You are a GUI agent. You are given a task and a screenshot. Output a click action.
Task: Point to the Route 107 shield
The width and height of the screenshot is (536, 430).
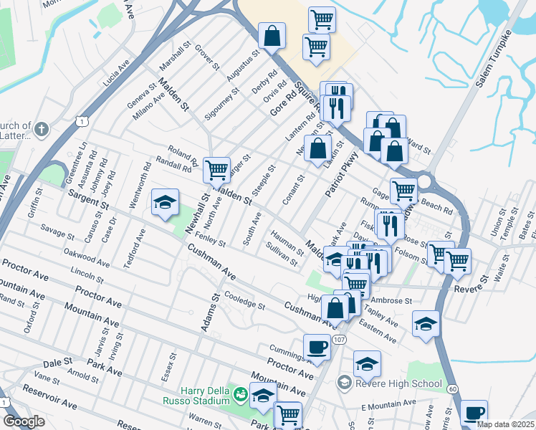click(x=340, y=338)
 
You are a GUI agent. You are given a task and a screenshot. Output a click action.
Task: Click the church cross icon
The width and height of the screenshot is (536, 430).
click(x=42, y=130)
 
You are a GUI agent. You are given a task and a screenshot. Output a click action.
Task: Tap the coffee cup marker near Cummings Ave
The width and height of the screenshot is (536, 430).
click(x=317, y=347)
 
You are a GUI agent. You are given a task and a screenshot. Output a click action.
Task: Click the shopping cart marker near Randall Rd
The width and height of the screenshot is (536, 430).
click(x=216, y=170)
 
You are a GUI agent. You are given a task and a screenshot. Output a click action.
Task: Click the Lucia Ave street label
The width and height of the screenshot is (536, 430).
click(x=115, y=72)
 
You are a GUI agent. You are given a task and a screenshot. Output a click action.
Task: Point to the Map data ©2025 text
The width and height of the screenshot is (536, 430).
click(x=505, y=424)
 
